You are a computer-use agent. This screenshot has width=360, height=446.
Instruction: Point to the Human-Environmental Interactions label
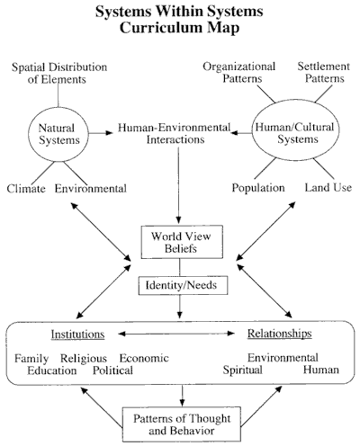pyautogui.click(x=175, y=133)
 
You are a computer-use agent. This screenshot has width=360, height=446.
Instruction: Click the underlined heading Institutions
pyautogui.click(x=77, y=334)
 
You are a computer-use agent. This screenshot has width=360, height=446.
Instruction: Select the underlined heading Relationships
pyautogui.click(x=280, y=334)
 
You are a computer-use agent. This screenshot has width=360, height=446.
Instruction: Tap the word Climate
pyautogui.click(x=26, y=189)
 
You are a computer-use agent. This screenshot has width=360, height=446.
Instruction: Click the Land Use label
pyautogui.click(x=328, y=187)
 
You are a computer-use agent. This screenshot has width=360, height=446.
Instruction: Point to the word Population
pyautogui.click(x=258, y=188)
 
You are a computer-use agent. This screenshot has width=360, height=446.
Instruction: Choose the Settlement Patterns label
pyautogui.click(x=324, y=72)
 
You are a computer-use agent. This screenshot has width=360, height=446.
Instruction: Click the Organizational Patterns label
pyautogui.click(x=239, y=72)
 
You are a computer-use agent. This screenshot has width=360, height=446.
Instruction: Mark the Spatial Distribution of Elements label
pyautogui.click(x=59, y=73)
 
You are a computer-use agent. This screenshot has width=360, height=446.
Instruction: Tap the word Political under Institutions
pyautogui.click(x=112, y=370)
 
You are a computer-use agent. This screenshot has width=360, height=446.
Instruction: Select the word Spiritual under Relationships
pyautogui.click(x=242, y=370)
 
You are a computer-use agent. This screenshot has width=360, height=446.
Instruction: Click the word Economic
pyautogui.click(x=144, y=358)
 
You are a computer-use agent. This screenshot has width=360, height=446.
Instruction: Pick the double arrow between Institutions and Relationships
pyautogui.click(x=176, y=334)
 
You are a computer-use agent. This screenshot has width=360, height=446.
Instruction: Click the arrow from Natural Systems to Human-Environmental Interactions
pyautogui.click(x=101, y=133)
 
